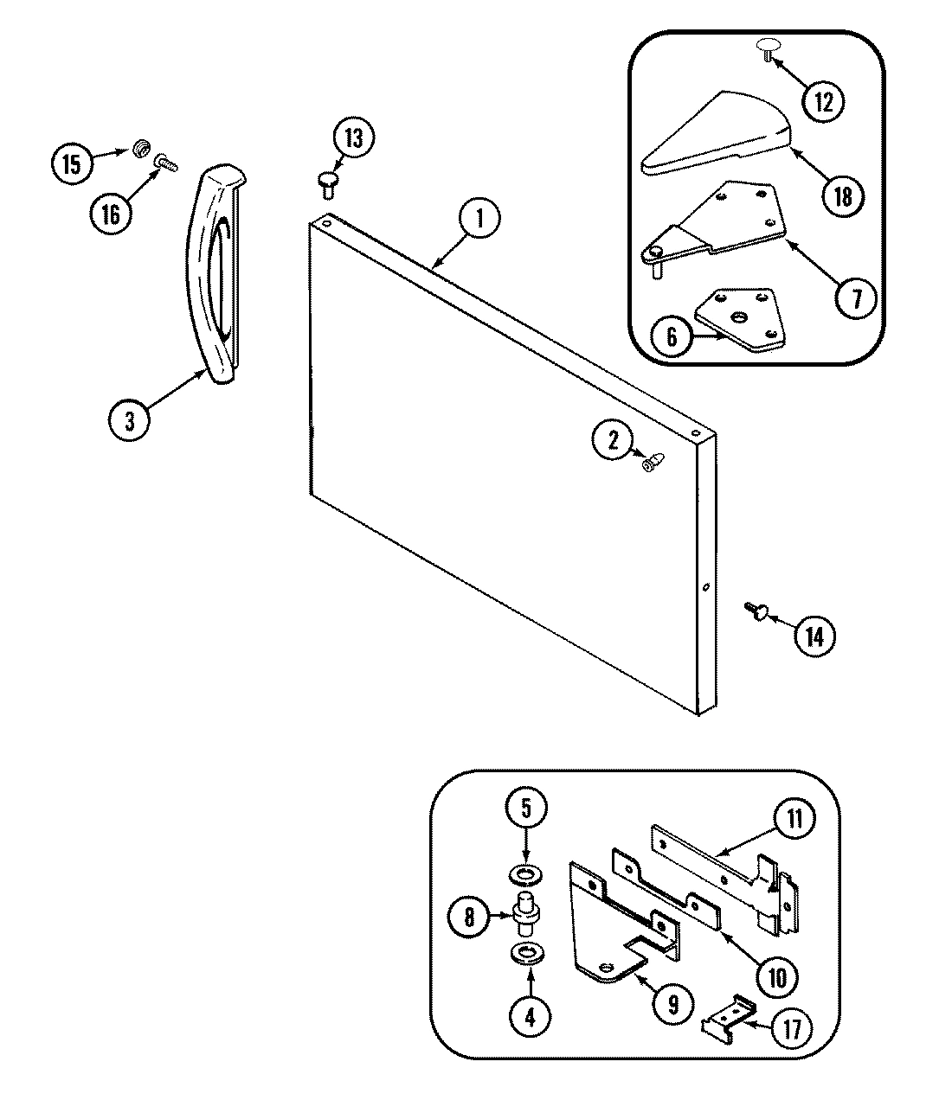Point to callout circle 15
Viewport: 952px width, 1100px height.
pyautogui.click(x=72, y=163)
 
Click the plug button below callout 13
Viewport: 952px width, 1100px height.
pyautogui.click(x=327, y=181)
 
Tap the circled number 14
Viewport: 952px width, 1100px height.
pyautogui.click(x=815, y=636)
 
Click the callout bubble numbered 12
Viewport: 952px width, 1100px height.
pyautogui.click(x=822, y=101)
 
